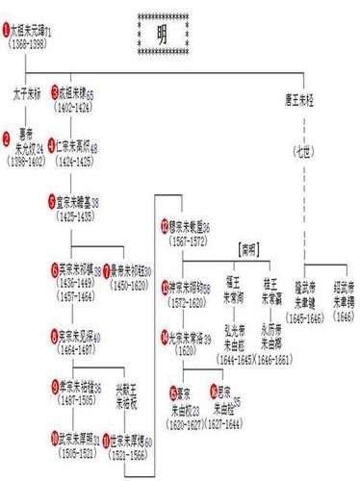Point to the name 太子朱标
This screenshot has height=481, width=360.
tap(29, 98)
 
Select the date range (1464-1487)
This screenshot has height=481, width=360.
tap(79, 349)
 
